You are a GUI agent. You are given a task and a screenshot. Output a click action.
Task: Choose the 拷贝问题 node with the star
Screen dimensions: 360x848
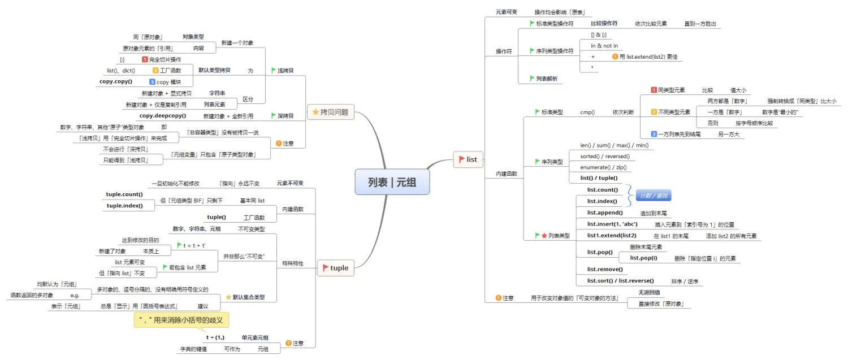330,112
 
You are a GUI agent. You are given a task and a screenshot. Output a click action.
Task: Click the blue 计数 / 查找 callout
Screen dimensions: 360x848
653,196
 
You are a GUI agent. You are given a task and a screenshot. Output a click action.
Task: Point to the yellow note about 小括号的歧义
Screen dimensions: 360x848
181,320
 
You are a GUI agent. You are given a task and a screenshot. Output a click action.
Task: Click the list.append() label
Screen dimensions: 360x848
605,212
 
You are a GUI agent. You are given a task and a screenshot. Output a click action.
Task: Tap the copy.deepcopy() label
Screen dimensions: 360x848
163,116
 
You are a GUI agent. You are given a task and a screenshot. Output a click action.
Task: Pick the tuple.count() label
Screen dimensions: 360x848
124,194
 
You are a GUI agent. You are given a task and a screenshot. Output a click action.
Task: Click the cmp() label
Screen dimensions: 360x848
587,112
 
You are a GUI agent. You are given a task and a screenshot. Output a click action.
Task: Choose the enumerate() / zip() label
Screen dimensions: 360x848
603,167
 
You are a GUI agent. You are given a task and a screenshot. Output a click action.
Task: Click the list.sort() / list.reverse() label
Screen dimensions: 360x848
620,281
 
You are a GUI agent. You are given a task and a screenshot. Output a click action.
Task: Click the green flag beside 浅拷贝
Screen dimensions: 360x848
274,71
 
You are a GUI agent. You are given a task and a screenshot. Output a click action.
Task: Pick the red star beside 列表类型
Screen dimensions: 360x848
544,235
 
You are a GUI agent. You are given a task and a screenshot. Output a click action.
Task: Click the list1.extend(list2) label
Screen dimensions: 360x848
612,236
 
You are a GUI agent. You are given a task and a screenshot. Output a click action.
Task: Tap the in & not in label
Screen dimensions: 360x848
604,46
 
